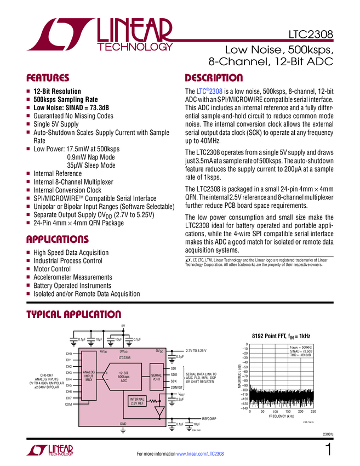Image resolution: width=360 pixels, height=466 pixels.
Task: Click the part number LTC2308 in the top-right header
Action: tap(311, 37)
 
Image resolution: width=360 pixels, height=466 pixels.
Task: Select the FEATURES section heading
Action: tap(48, 78)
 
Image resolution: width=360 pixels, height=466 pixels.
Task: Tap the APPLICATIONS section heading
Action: tap(58, 240)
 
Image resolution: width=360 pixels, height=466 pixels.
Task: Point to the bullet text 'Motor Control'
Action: tap(52, 269)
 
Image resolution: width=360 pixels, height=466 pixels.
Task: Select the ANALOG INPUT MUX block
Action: tap(89, 376)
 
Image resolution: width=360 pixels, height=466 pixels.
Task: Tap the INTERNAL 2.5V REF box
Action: tap(137, 401)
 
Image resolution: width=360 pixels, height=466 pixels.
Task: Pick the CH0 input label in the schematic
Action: tap(69, 354)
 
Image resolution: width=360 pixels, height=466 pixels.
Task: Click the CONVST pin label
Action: tap(176, 387)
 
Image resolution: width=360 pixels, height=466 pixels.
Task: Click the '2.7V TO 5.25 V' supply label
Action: tap(196, 350)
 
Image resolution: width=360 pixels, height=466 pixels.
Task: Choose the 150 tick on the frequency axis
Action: tap(288, 411)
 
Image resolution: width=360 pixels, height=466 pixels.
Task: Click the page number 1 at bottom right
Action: tap(328, 451)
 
